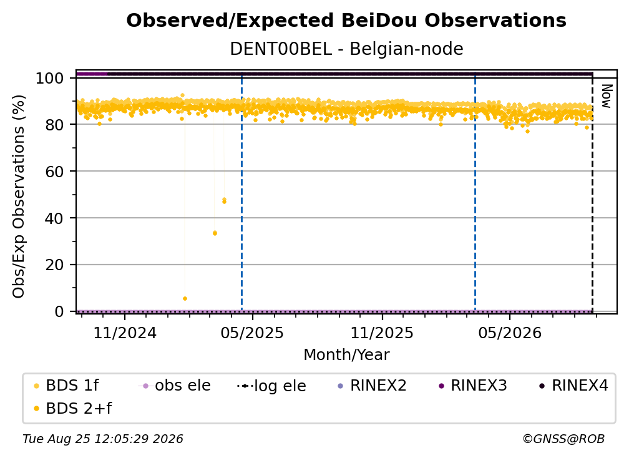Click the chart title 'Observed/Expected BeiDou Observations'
tap(346, 21)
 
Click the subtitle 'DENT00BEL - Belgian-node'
tap(346, 49)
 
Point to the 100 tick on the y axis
tap(50, 78)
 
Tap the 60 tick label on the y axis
tap(54, 172)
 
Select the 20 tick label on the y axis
tap(54, 265)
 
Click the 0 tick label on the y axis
tap(59, 311)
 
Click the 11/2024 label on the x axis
tap(125, 333)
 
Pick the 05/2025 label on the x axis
tap(252, 333)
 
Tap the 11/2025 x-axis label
tap(382, 333)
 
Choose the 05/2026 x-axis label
tap(509, 333)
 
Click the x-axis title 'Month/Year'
tap(346, 355)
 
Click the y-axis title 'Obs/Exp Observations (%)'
tap(19, 197)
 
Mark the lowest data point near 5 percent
tap(185, 298)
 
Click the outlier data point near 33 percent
tap(215, 233)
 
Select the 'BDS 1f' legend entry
tap(66, 386)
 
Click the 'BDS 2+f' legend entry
tap(72, 409)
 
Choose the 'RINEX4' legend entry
tap(573, 386)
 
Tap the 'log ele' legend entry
tap(271, 386)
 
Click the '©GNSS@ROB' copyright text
tap(563, 439)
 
